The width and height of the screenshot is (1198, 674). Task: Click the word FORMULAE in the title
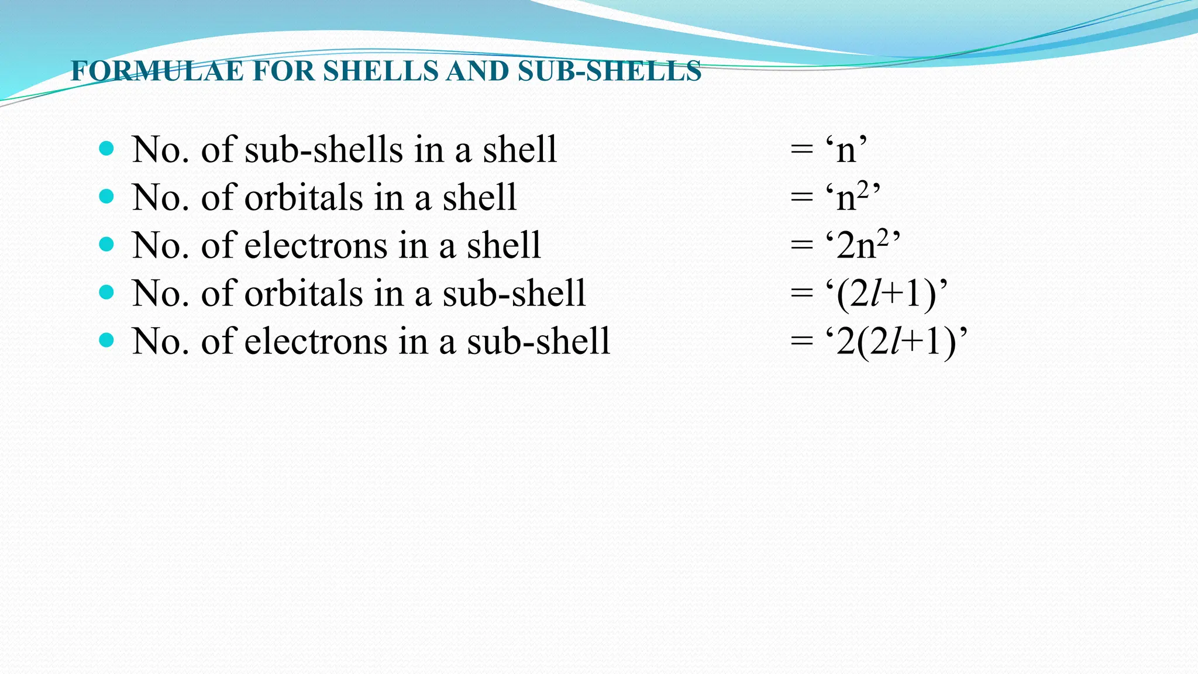pyautogui.click(x=157, y=71)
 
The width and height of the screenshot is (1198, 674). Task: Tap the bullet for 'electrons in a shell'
pyautogui.click(x=106, y=244)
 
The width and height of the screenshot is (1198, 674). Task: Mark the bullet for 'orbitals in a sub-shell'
pyautogui.click(x=106, y=292)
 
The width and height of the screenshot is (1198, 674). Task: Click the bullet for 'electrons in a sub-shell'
pyautogui.click(x=106, y=340)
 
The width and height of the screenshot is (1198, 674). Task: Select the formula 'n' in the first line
pyautogui.click(x=846, y=150)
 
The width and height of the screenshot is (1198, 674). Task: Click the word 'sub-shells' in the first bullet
pyautogui.click(x=323, y=150)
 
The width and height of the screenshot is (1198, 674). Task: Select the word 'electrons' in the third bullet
pyautogui.click(x=316, y=246)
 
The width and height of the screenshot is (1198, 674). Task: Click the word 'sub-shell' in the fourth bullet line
pyautogui.click(x=514, y=294)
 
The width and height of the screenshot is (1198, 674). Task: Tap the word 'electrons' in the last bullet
pyautogui.click(x=316, y=342)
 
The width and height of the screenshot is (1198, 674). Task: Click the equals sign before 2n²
pyautogui.click(x=801, y=246)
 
